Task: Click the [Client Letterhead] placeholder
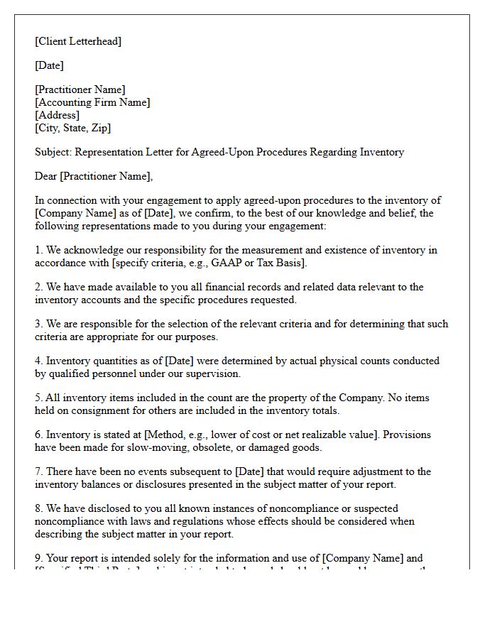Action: (78, 41)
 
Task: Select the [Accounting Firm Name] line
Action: (92, 102)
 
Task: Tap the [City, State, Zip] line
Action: (72, 128)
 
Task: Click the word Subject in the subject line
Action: (53, 152)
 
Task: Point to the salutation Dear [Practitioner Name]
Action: (94, 176)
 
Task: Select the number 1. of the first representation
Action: (39, 250)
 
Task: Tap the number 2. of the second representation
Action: (39, 287)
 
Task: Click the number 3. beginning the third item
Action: (39, 324)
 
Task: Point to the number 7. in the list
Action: (39, 471)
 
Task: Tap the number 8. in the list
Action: (39, 508)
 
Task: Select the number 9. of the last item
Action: (39, 558)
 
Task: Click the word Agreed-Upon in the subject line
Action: (217, 152)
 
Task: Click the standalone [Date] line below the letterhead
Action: (49, 65)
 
